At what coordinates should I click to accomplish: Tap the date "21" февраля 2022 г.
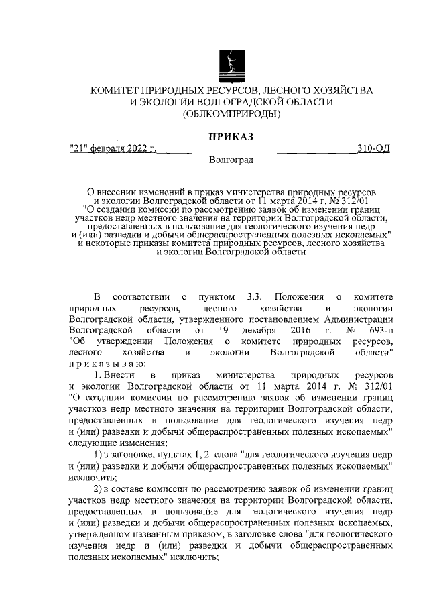pos(113,148)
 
